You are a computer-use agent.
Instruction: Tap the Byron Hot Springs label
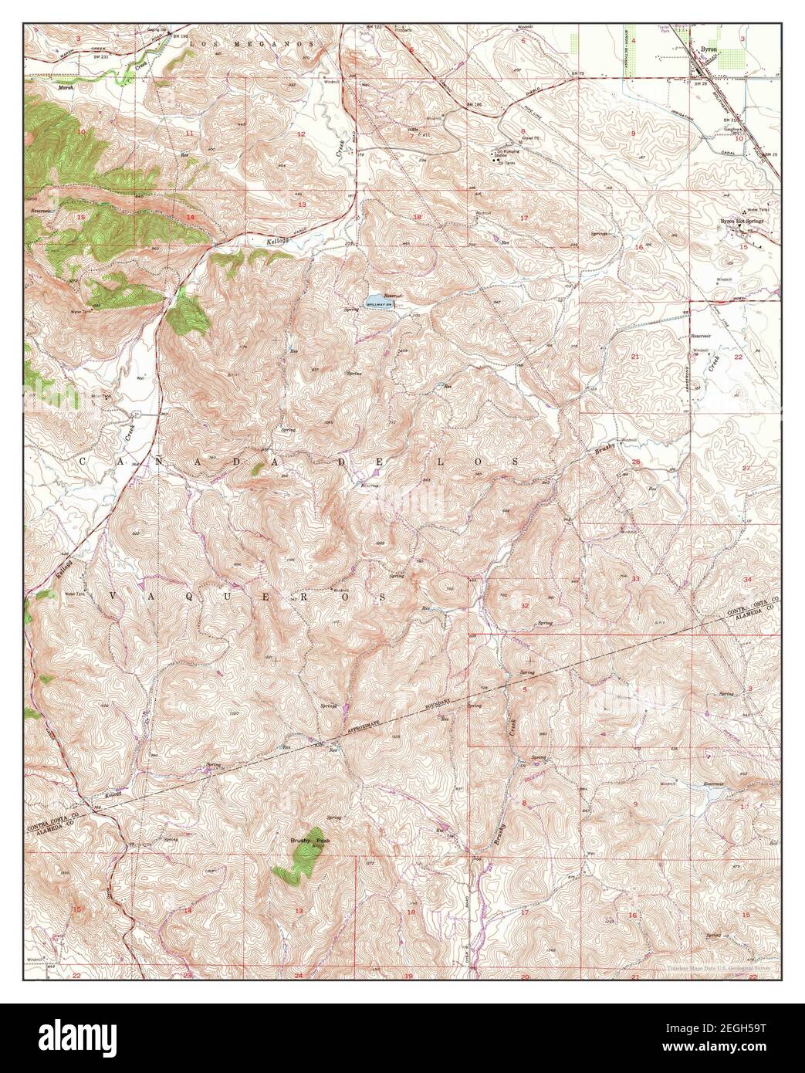click(741, 221)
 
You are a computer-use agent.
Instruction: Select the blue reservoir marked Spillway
click(374, 299)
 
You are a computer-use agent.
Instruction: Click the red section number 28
click(636, 462)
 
